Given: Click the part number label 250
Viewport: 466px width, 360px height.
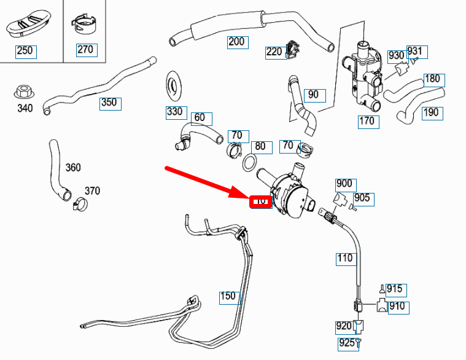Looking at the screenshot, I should (x=25, y=50).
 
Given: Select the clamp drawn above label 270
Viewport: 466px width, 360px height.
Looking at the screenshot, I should (x=84, y=26).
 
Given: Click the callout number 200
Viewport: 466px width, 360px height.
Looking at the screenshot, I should (x=236, y=42).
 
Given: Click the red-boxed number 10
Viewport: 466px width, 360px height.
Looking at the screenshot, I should (x=260, y=201).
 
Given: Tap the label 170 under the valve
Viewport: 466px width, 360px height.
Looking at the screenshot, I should (x=367, y=121).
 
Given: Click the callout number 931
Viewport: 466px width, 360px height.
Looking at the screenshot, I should (x=416, y=51).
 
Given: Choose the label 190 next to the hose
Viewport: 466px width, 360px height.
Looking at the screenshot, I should (x=432, y=112).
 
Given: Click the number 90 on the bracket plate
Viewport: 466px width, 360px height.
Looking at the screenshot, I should (x=314, y=95).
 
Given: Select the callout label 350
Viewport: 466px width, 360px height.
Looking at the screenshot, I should (x=109, y=103).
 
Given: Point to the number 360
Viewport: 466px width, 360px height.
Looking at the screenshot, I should (x=72, y=168).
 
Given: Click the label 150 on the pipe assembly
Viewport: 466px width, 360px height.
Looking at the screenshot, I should (x=228, y=296).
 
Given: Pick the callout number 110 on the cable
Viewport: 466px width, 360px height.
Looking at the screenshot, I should (x=345, y=258).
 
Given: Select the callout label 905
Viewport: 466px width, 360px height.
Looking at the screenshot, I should (x=362, y=198).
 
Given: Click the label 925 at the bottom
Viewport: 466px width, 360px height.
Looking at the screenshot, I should (x=346, y=343).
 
